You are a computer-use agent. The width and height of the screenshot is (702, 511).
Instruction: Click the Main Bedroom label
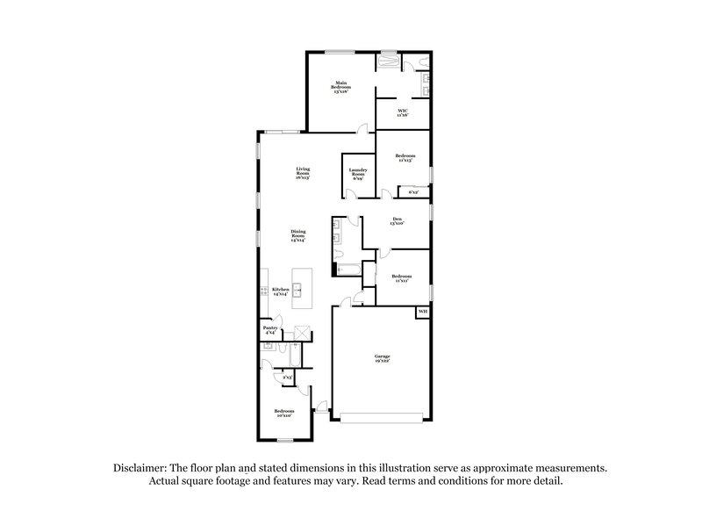pyautogui.click(x=340, y=88)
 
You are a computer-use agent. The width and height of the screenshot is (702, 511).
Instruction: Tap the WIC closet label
pyautogui.click(x=402, y=112)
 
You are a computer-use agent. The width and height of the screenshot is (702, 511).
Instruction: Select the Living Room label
pyautogui.click(x=303, y=172)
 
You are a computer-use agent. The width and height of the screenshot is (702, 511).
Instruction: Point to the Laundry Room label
pyautogui.click(x=357, y=174)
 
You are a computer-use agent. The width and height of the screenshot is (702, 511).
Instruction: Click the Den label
pyautogui.click(x=397, y=221)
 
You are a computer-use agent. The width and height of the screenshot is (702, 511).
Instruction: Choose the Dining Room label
pyautogui.click(x=298, y=234)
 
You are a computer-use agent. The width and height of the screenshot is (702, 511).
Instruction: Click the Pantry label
pyautogui.click(x=270, y=330)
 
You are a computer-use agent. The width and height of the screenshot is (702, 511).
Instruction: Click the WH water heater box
pyautogui.click(x=422, y=312)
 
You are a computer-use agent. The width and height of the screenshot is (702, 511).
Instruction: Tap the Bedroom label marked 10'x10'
pyautogui.click(x=283, y=413)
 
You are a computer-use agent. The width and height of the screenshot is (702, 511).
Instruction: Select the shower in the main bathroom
pyautogui.click(x=387, y=63)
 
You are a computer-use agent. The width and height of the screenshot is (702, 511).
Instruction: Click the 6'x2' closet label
pyautogui.click(x=413, y=191)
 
